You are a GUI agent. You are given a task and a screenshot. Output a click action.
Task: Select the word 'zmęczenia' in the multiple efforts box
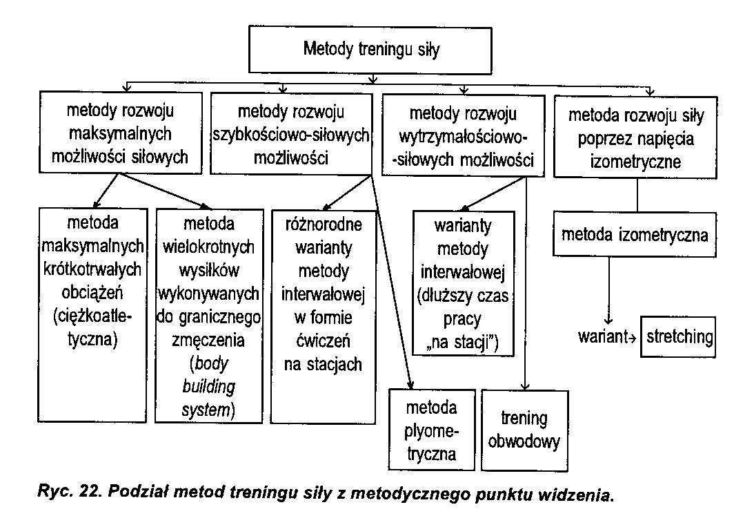click(x=208, y=341)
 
